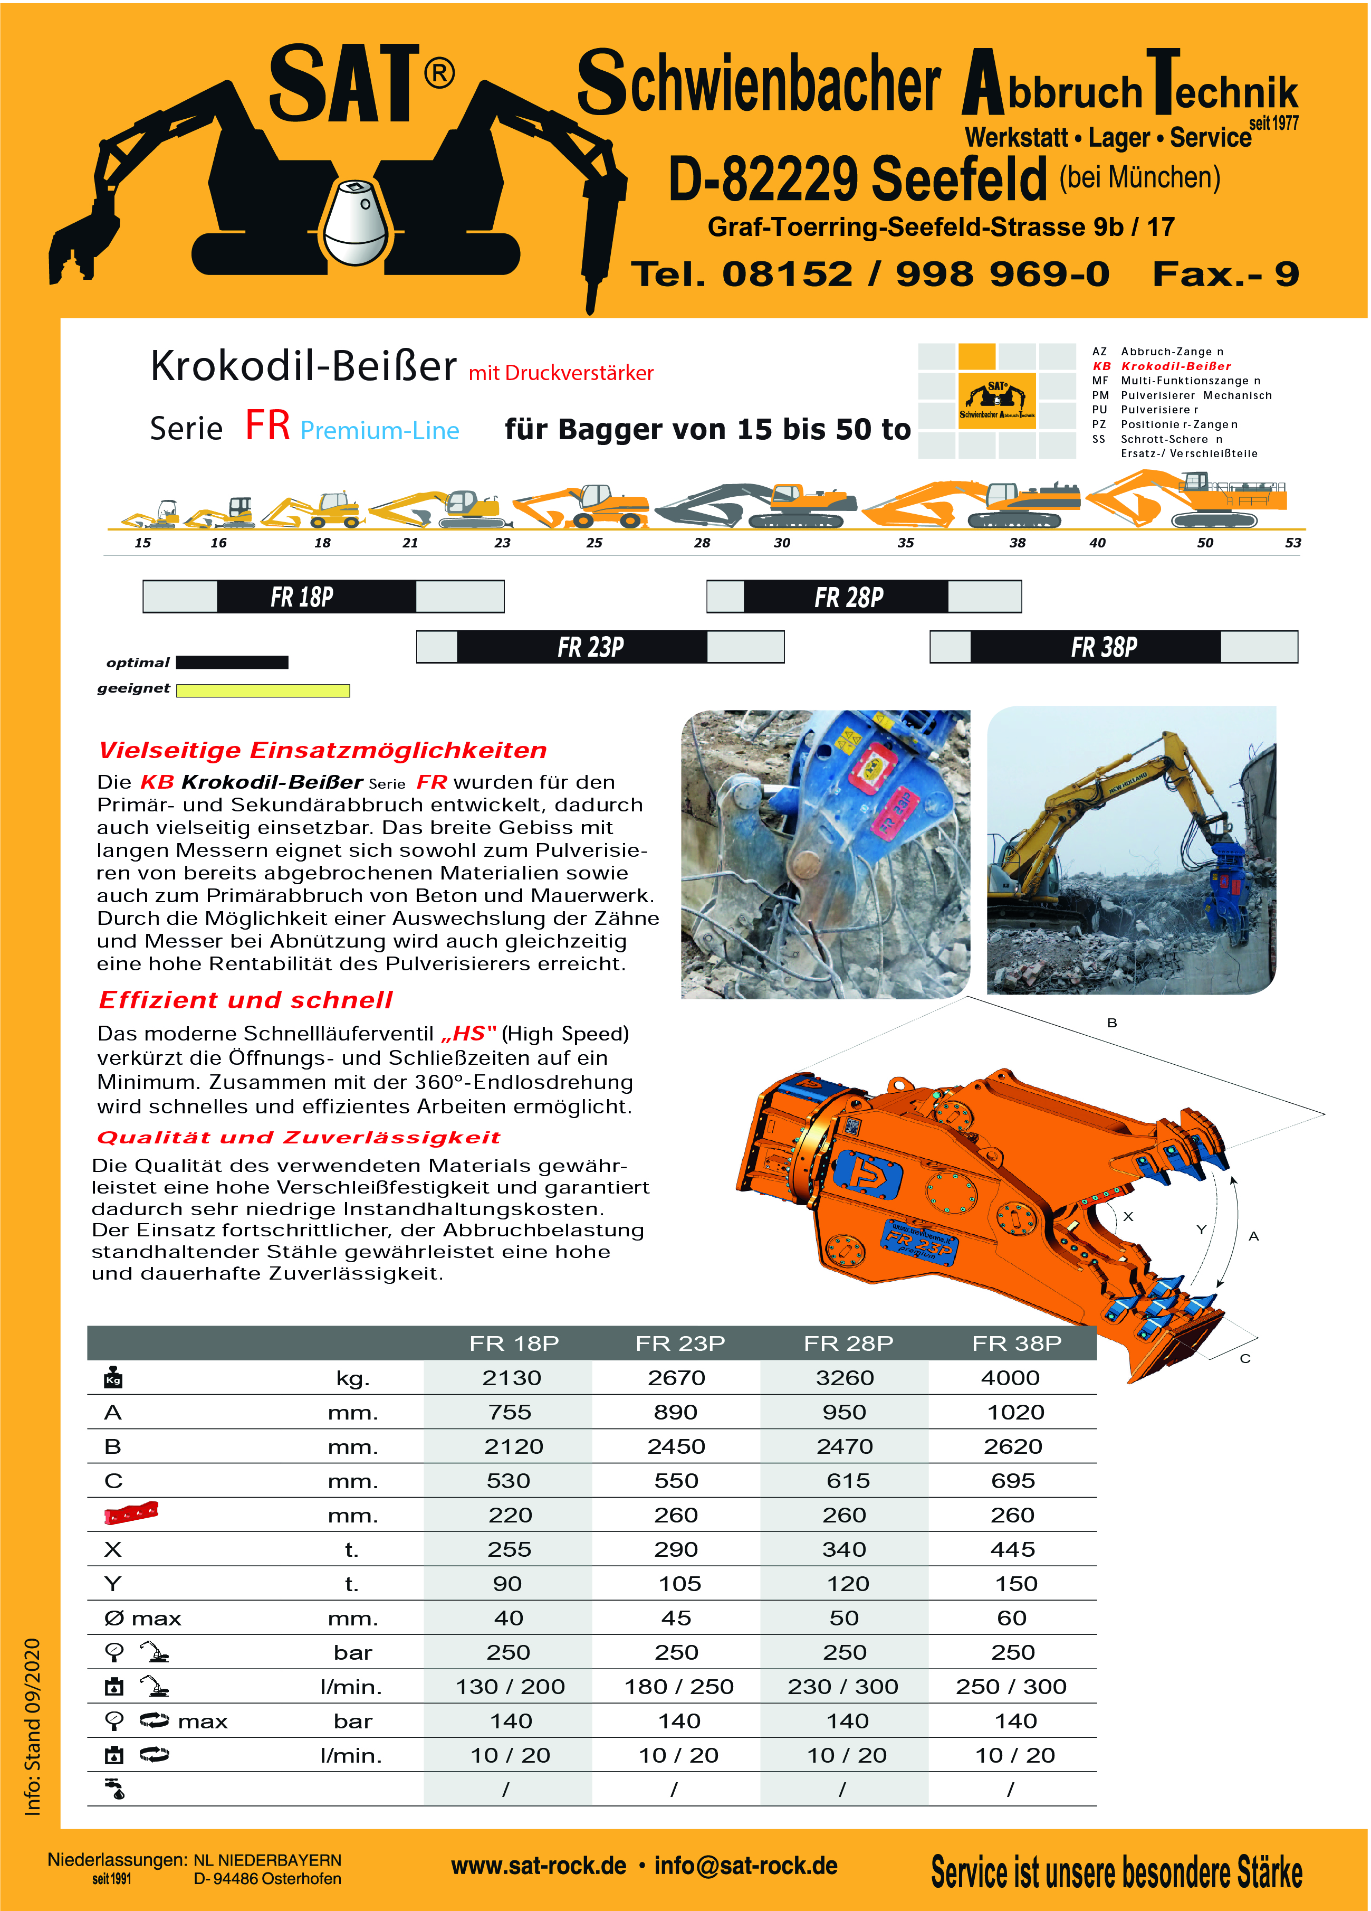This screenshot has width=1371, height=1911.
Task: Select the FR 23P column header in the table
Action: point(679,1343)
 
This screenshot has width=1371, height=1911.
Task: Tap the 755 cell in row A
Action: point(510,1412)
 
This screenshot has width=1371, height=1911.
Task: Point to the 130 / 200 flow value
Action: point(510,1687)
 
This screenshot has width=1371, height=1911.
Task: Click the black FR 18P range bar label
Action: point(302,598)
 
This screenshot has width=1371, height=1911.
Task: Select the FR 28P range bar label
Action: point(848,598)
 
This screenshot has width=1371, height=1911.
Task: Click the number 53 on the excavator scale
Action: point(1293,543)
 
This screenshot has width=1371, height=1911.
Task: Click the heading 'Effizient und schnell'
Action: point(245,1000)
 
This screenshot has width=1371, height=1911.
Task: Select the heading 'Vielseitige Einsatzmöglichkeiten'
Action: point(322,750)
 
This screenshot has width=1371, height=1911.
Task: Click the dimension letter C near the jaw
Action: point(1245,1358)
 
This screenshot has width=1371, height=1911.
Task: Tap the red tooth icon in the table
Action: point(130,1513)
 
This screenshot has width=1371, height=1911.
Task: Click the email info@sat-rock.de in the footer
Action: point(745,1866)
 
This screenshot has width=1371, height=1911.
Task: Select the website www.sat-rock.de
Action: point(538,1866)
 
